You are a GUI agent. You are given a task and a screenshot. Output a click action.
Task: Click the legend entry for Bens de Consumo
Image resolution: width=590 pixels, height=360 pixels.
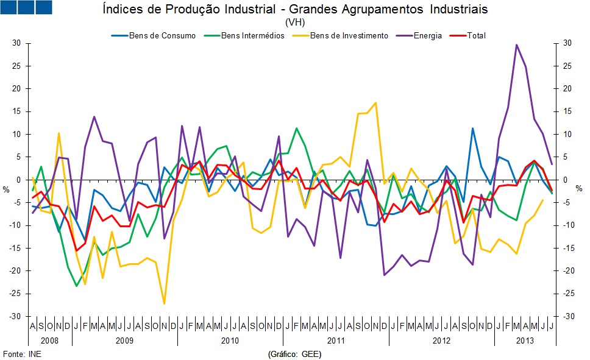(x=162, y=36)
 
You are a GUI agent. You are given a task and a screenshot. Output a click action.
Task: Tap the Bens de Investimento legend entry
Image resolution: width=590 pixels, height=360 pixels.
(x=349, y=36)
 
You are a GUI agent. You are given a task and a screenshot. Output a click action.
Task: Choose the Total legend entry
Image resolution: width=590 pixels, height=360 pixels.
(x=476, y=36)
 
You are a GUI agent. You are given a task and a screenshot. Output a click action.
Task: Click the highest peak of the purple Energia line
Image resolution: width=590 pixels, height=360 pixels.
(x=517, y=44)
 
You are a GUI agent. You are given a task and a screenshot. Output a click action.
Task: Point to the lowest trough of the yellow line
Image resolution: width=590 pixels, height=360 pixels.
(x=164, y=303)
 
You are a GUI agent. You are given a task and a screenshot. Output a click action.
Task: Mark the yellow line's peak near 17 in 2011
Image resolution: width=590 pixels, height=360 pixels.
(x=375, y=102)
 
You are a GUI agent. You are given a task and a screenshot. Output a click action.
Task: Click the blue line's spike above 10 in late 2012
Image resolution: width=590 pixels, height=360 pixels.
(x=472, y=128)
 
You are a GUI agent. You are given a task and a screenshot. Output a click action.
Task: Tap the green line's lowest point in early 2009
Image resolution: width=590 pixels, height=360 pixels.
(x=76, y=286)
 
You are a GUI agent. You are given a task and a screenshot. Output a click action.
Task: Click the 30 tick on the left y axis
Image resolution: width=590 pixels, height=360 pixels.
(x=16, y=43)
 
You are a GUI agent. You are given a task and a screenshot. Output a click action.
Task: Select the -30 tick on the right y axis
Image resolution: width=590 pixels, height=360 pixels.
(x=566, y=317)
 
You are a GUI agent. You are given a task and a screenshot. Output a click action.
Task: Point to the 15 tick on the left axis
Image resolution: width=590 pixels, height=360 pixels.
(x=17, y=111)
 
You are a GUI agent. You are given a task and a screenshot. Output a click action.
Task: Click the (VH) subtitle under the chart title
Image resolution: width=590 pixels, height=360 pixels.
(x=295, y=23)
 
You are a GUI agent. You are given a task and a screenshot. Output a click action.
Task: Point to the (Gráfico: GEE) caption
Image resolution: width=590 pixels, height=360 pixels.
(x=294, y=354)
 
